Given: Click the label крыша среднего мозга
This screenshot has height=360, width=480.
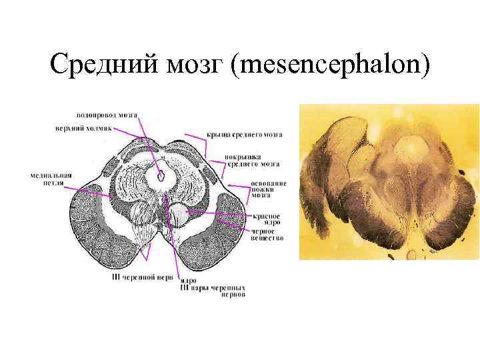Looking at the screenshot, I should point(244,135).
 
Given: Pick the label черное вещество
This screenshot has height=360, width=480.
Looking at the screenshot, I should point(267,235).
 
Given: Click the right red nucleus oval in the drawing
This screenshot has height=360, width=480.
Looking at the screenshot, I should point(179,215).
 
